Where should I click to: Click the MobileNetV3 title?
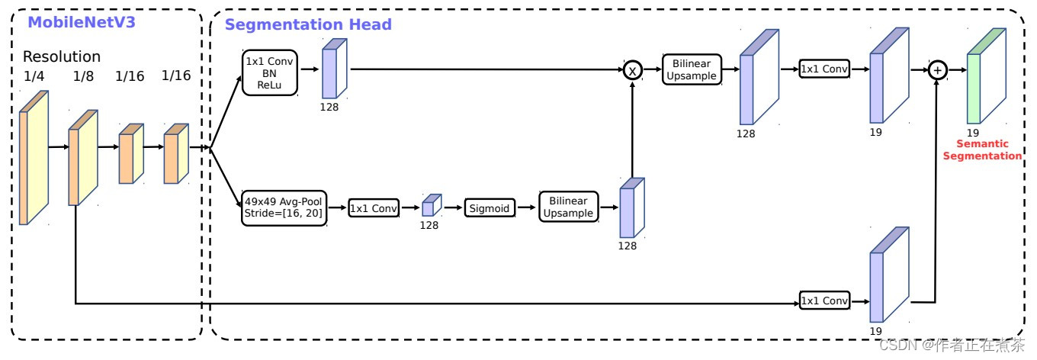click(81, 22)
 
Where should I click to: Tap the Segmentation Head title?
click(308, 24)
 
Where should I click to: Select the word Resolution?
click(62, 56)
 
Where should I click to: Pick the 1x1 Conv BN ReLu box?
click(269, 72)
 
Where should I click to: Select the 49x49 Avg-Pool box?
click(284, 207)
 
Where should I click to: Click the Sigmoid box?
click(490, 207)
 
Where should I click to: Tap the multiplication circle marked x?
click(632, 70)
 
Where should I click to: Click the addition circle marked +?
click(937, 70)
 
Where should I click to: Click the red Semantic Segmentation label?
click(982, 149)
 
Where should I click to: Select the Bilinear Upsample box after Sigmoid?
click(568, 207)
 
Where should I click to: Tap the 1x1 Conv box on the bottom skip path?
click(823, 301)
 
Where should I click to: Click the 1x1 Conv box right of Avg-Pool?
click(374, 208)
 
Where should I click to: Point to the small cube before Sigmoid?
click(432, 205)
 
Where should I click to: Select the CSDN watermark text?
click(952, 346)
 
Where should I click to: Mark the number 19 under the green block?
click(973, 133)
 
